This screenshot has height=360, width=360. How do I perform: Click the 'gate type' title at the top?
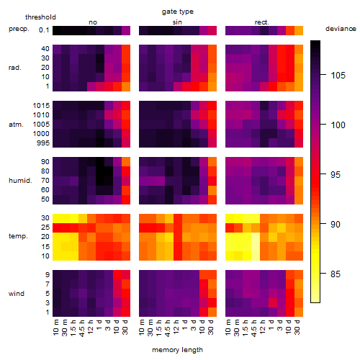click(178, 12)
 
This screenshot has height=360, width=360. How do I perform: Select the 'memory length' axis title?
click(177, 350)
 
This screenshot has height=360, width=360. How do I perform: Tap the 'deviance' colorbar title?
click(341, 29)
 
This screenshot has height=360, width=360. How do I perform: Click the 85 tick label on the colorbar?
click(336, 274)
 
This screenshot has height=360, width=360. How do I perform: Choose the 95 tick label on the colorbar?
click(336, 174)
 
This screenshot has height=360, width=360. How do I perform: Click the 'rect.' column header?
click(262, 22)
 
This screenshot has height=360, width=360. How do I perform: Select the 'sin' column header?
click(177, 22)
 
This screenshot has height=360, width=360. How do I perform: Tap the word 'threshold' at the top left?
click(40, 17)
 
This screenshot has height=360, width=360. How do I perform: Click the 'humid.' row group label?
click(20, 181)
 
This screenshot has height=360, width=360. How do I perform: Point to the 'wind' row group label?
click(17, 294)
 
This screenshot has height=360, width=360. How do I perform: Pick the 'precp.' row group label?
click(19, 29)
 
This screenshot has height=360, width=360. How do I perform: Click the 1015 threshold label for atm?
click(41, 106)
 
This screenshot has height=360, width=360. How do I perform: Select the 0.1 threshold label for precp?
click(44, 30)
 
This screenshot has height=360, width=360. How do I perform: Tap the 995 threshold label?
click(43, 143)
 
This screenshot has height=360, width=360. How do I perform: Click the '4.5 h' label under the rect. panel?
click(253, 328)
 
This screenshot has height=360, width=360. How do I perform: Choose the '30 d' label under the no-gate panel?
click(126, 327)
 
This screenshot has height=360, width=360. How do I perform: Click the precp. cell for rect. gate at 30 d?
click(299, 30)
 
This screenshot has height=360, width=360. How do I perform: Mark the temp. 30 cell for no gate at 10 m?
click(57, 218)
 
